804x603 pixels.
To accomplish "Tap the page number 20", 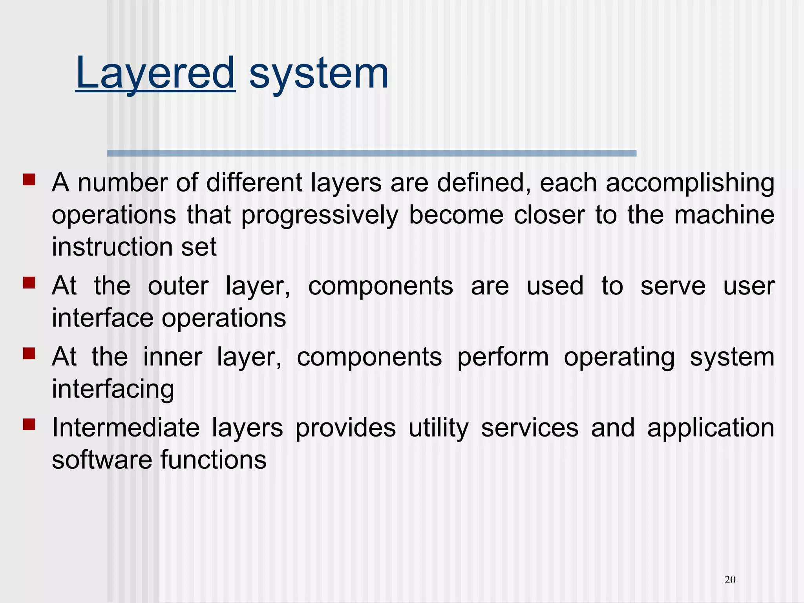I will [x=730, y=579].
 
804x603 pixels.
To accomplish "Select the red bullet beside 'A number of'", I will [x=29, y=180].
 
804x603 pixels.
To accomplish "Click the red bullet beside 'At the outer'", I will [x=29, y=283].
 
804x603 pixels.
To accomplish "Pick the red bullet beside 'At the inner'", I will [x=29, y=354].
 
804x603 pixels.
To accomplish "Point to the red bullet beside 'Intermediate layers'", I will [x=29, y=424].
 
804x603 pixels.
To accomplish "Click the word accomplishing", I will [x=690, y=184].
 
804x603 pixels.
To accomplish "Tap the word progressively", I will [x=320, y=216].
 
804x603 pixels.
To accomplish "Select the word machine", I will [x=724, y=215].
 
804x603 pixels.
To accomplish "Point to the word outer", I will [x=178, y=287].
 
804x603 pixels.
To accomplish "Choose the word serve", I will [x=673, y=287].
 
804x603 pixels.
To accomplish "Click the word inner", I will [x=173, y=357].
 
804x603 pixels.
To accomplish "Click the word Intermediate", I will [x=126, y=428].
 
